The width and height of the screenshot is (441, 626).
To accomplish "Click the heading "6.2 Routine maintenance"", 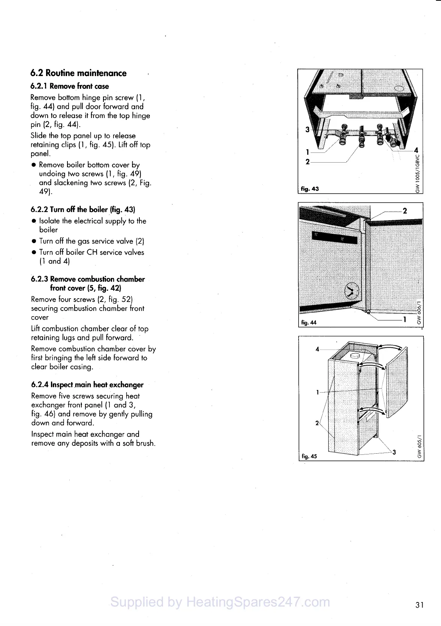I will (78, 73).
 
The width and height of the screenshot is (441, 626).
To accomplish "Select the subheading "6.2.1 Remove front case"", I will (70, 86).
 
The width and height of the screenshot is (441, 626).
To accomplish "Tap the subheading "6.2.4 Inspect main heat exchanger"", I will (87, 385).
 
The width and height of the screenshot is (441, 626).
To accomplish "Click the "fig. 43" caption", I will (309, 189).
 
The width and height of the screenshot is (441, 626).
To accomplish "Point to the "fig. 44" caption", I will (309, 323).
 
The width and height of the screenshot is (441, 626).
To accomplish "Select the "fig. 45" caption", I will (309, 456).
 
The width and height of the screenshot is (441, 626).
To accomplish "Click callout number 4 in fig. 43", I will (416, 151).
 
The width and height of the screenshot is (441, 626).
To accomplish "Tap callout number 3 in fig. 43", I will (308, 130).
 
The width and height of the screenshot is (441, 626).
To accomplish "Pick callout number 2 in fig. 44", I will (405, 211).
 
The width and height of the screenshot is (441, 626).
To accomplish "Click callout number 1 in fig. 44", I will (405, 320).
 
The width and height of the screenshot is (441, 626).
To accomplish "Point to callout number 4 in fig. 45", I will (317, 349).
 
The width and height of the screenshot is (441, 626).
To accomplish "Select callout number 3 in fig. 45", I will (394, 452).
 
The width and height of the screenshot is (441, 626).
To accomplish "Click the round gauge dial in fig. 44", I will (351, 291).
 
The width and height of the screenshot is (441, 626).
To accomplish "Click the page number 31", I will (420, 605).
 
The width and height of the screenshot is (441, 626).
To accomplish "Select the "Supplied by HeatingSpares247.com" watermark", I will (220, 602).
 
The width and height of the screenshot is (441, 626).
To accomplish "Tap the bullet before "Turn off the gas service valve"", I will (34, 242).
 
